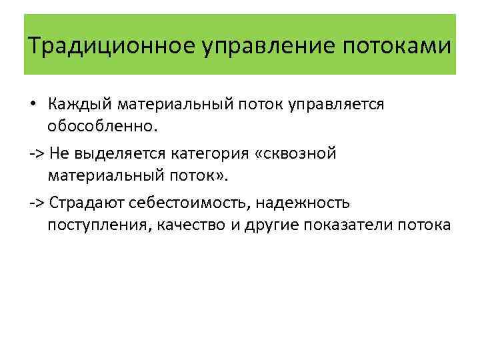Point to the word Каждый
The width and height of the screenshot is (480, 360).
point(80,105)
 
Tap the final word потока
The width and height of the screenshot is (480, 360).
point(427,224)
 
